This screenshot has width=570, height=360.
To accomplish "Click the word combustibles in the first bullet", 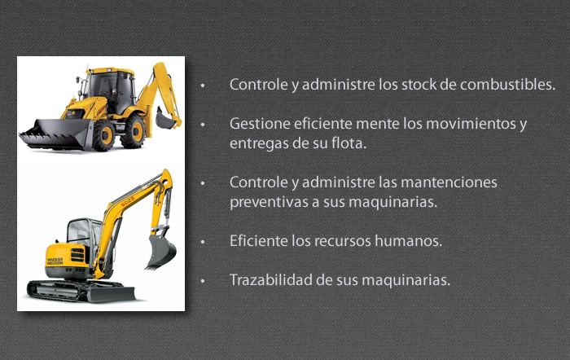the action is (507, 85).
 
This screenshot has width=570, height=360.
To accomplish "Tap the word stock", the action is (419, 85).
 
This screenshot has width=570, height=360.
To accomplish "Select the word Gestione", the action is (260, 124).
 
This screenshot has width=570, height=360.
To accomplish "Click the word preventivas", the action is (270, 202).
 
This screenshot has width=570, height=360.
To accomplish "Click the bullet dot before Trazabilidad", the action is (203, 281).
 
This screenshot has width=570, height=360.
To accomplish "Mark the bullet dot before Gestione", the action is (203, 125).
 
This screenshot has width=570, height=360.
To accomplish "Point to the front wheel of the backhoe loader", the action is (104, 135).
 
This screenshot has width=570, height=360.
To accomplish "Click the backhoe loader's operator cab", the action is (109, 89).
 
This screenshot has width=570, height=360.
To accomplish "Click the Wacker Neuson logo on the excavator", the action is (55, 261).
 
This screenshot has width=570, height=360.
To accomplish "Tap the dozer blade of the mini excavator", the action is (110, 294).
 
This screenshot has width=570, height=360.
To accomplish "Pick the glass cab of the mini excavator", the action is (84, 233).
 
